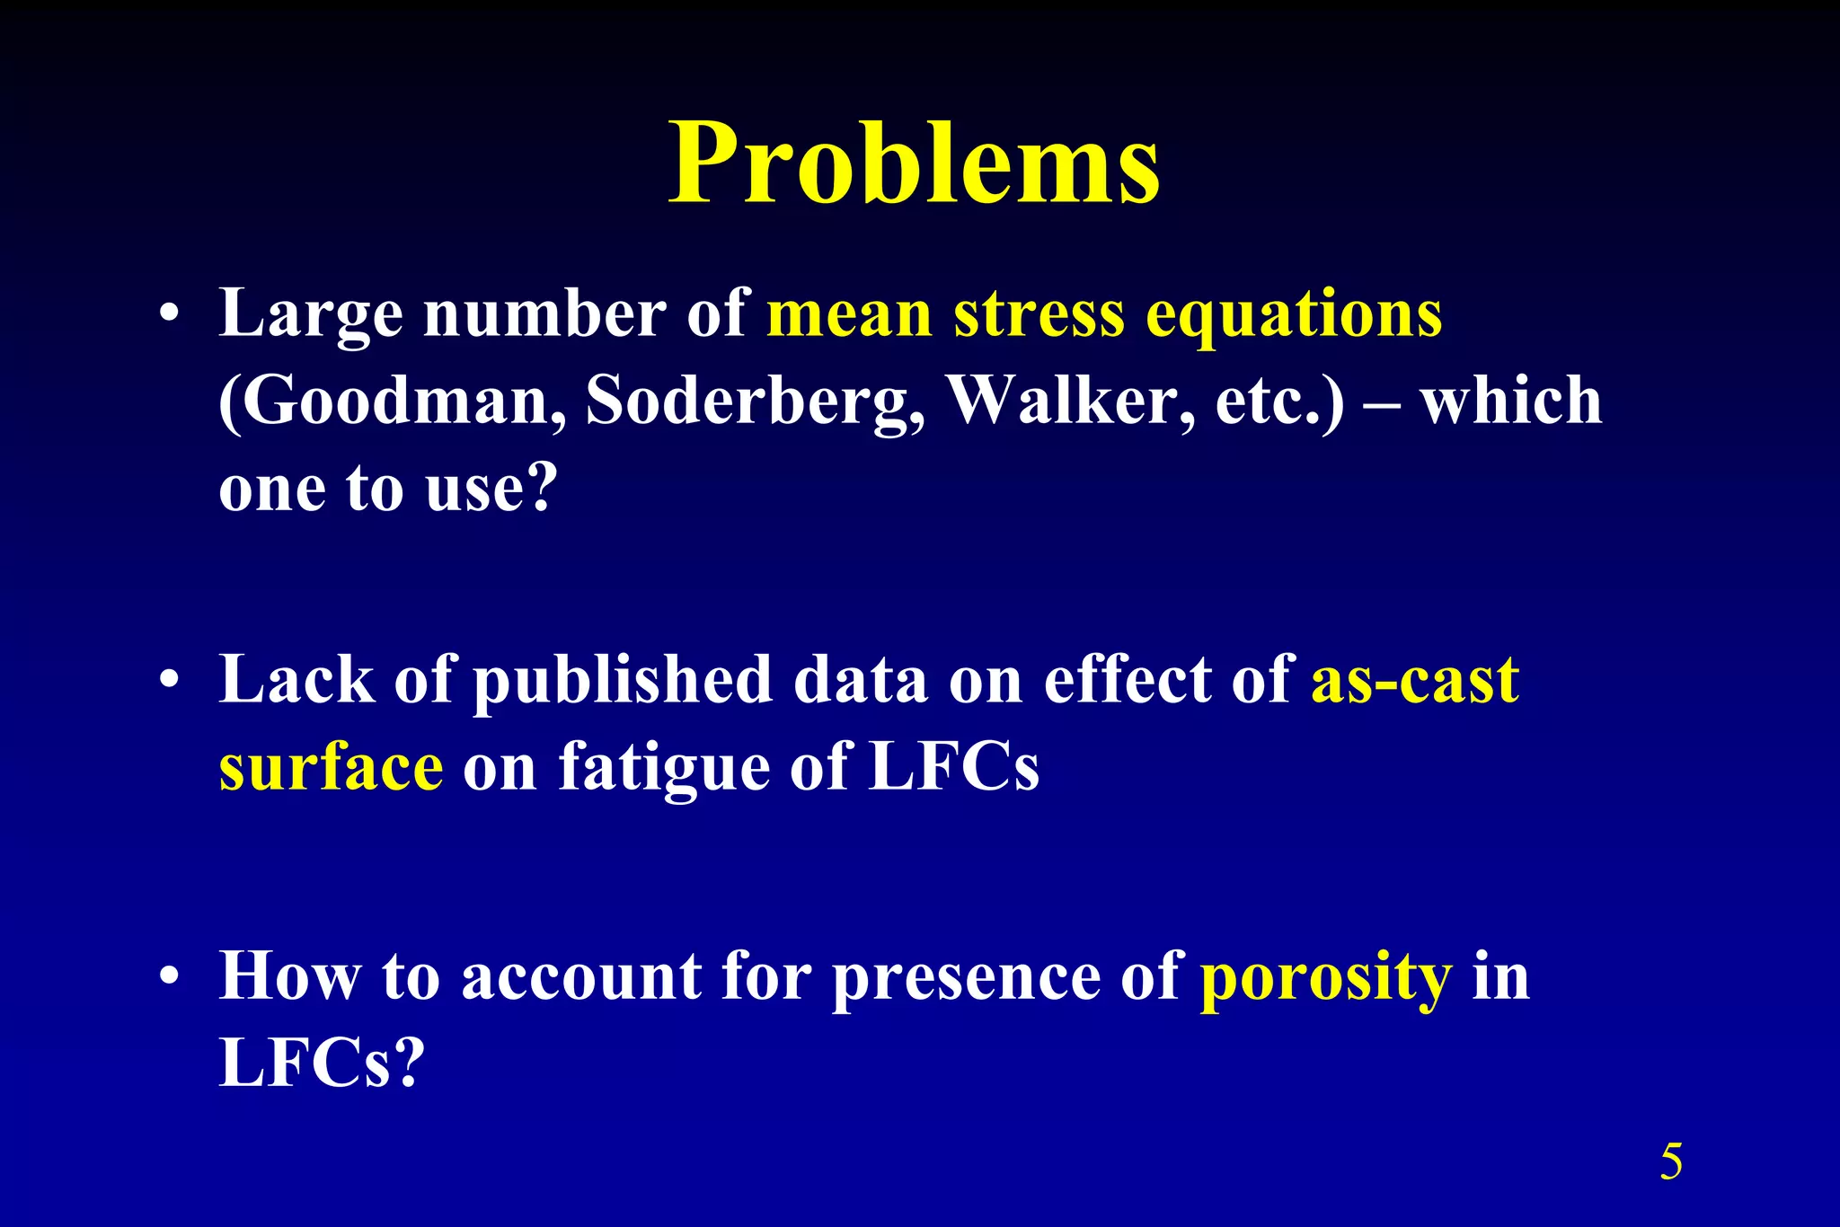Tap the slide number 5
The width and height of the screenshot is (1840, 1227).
point(1671,1161)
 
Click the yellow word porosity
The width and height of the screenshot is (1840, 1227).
point(1326,977)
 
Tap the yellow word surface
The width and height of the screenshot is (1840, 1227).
point(331,768)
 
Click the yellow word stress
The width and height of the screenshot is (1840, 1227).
point(1039,314)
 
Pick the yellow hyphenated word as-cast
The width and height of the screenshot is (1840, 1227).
point(1415,680)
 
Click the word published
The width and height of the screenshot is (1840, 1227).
point(623,680)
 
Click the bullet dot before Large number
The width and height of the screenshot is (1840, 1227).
point(168,315)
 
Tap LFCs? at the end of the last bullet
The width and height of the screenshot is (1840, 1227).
point(320,1064)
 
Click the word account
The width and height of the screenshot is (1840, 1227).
point(581,977)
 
